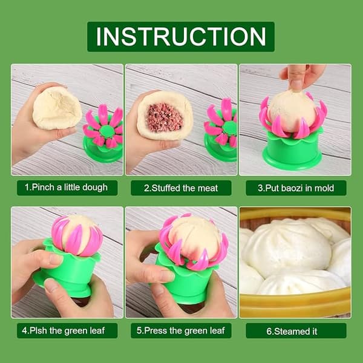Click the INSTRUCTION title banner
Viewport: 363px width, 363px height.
(181, 36)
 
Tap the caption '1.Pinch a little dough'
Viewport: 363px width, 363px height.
(67, 188)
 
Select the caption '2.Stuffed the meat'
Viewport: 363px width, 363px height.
(181, 188)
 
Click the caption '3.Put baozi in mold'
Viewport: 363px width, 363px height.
(296, 188)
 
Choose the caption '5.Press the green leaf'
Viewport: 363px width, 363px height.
(180, 330)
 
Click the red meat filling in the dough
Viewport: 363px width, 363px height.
(165, 117)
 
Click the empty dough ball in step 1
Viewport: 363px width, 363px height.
(57, 108)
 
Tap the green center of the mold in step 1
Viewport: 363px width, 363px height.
(106, 131)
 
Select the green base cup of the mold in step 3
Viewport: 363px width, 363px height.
(292, 151)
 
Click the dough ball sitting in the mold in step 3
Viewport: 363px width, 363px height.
(292, 112)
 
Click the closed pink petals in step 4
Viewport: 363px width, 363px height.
(77, 236)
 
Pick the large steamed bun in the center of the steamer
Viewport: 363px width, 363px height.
(287, 249)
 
